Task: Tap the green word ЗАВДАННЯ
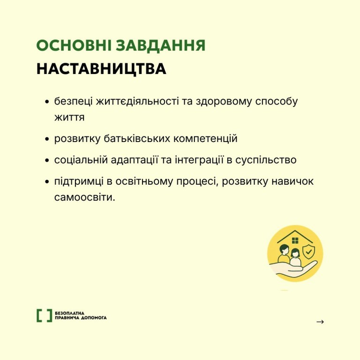click(160, 45)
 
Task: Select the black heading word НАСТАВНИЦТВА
click(101, 68)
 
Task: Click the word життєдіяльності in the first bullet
click(137, 101)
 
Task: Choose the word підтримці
click(79, 182)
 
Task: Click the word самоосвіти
click(84, 197)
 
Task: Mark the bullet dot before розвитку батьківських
click(47, 139)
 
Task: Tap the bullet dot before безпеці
click(47, 101)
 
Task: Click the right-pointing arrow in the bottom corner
click(320, 322)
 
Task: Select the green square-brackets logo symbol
click(45, 315)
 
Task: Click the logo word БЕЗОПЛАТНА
click(69, 313)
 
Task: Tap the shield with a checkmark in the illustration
click(309, 252)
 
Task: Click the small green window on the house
click(295, 240)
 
